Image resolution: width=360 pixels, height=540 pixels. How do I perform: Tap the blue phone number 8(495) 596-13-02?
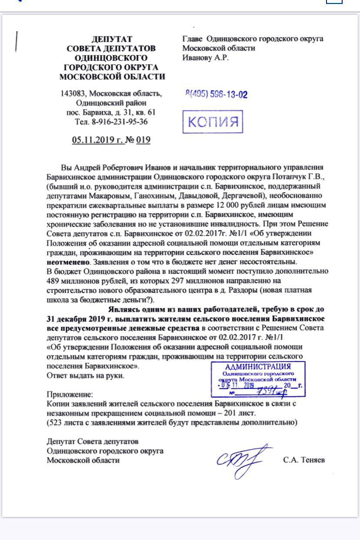pos(216,94)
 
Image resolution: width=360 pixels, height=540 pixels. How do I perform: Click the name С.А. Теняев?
pos(303,460)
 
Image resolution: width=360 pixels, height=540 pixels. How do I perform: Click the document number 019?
pos(143,140)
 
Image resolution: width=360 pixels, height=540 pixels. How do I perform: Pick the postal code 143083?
pos(74,94)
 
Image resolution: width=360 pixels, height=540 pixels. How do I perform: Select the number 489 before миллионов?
pos(54,280)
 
